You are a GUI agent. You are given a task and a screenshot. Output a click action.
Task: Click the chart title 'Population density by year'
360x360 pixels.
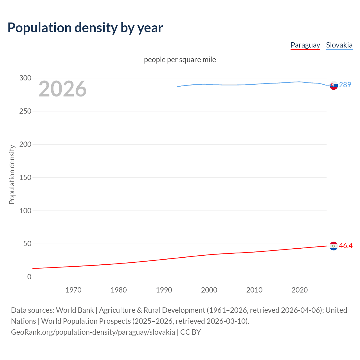[85, 28]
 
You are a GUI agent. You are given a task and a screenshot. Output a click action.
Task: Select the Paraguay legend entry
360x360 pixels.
[305, 45]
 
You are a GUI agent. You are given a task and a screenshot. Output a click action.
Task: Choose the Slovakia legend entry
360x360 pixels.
[339, 45]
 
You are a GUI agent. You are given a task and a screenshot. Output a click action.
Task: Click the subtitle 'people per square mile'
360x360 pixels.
[180, 60]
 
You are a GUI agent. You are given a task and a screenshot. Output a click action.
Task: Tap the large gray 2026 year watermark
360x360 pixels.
[62, 89]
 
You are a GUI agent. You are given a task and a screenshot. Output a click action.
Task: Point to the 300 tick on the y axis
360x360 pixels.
[25, 78]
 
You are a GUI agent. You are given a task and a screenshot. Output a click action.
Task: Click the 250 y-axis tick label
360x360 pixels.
[25, 111]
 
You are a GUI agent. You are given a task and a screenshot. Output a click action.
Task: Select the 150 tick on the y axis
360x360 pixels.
[25, 177]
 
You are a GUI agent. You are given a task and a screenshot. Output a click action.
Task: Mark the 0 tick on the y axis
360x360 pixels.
[29, 277]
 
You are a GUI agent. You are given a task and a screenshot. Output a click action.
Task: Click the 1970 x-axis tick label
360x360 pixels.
[73, 290]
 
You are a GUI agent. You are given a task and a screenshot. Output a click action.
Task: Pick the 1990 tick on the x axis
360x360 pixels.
[164, 290]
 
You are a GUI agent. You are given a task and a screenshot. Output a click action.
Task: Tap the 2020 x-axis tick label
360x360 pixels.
[300, 290]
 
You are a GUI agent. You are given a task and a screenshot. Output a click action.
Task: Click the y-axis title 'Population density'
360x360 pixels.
[12, 174]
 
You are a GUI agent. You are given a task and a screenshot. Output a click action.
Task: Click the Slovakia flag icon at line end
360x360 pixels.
[334, 85]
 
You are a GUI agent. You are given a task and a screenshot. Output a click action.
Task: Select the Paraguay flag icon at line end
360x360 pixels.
[334, 246]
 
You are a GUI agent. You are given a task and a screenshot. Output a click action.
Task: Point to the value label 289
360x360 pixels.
[345, 85]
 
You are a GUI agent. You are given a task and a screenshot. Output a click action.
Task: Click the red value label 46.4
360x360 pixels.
[346, 246]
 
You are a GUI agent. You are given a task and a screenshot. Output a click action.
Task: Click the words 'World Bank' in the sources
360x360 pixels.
[75, 310]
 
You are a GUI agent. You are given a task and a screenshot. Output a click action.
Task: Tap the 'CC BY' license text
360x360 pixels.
[190, 332]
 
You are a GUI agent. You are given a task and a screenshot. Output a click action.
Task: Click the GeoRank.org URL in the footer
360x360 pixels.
[93, 332]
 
